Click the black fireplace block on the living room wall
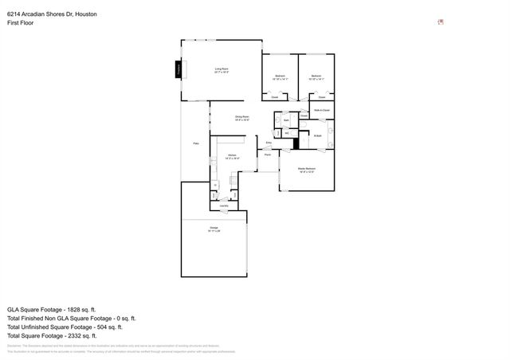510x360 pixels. click(178, 71)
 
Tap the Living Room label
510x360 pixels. click(222, 70)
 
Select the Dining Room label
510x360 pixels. click(242, 118)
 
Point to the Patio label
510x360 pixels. click(196, 143)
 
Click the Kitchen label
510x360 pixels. click(232, 155)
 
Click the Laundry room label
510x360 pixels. click(225, 206)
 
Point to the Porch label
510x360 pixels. click(269, 155)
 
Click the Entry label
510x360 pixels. click(269, 143)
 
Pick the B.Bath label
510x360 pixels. click(317, 135)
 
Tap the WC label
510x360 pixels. click(286, 133)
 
